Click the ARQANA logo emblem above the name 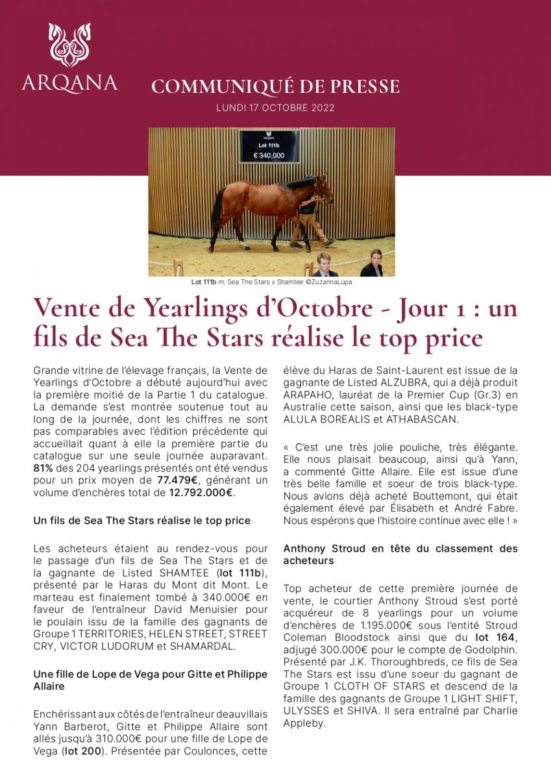click(x=69, y=45)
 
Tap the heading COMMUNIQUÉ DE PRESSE click(x=275, y=86)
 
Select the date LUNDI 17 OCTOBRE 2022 click(x=275, y=108)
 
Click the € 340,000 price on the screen click(x=269, y=156)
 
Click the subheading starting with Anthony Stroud click(x=400, y=554)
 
